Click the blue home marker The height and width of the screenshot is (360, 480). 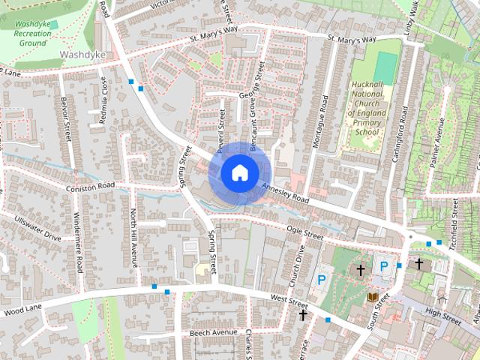click(238, 172)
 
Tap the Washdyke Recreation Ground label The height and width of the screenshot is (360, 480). click(32, 33)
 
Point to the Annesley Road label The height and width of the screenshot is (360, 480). click(285, 194)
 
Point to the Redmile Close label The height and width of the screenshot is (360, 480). click(104, 104)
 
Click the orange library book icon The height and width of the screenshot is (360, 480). click(372, 298)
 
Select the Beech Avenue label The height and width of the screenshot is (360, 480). click(213, 331)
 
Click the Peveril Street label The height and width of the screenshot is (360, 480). click(221, 128)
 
